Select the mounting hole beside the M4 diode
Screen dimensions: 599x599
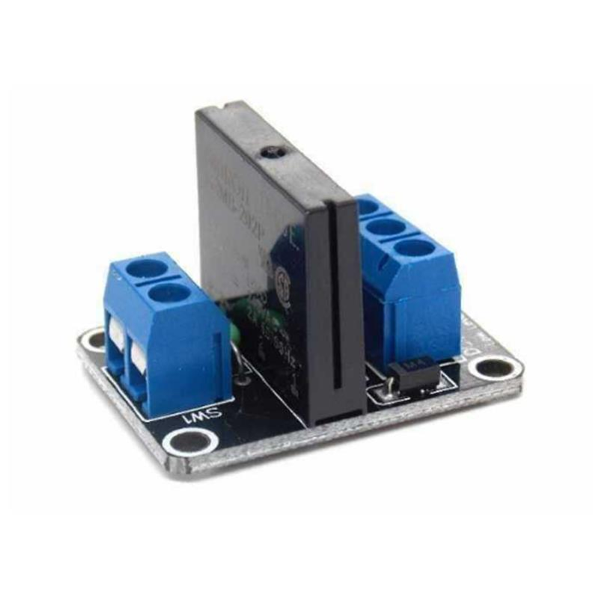tap(494, 368)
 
